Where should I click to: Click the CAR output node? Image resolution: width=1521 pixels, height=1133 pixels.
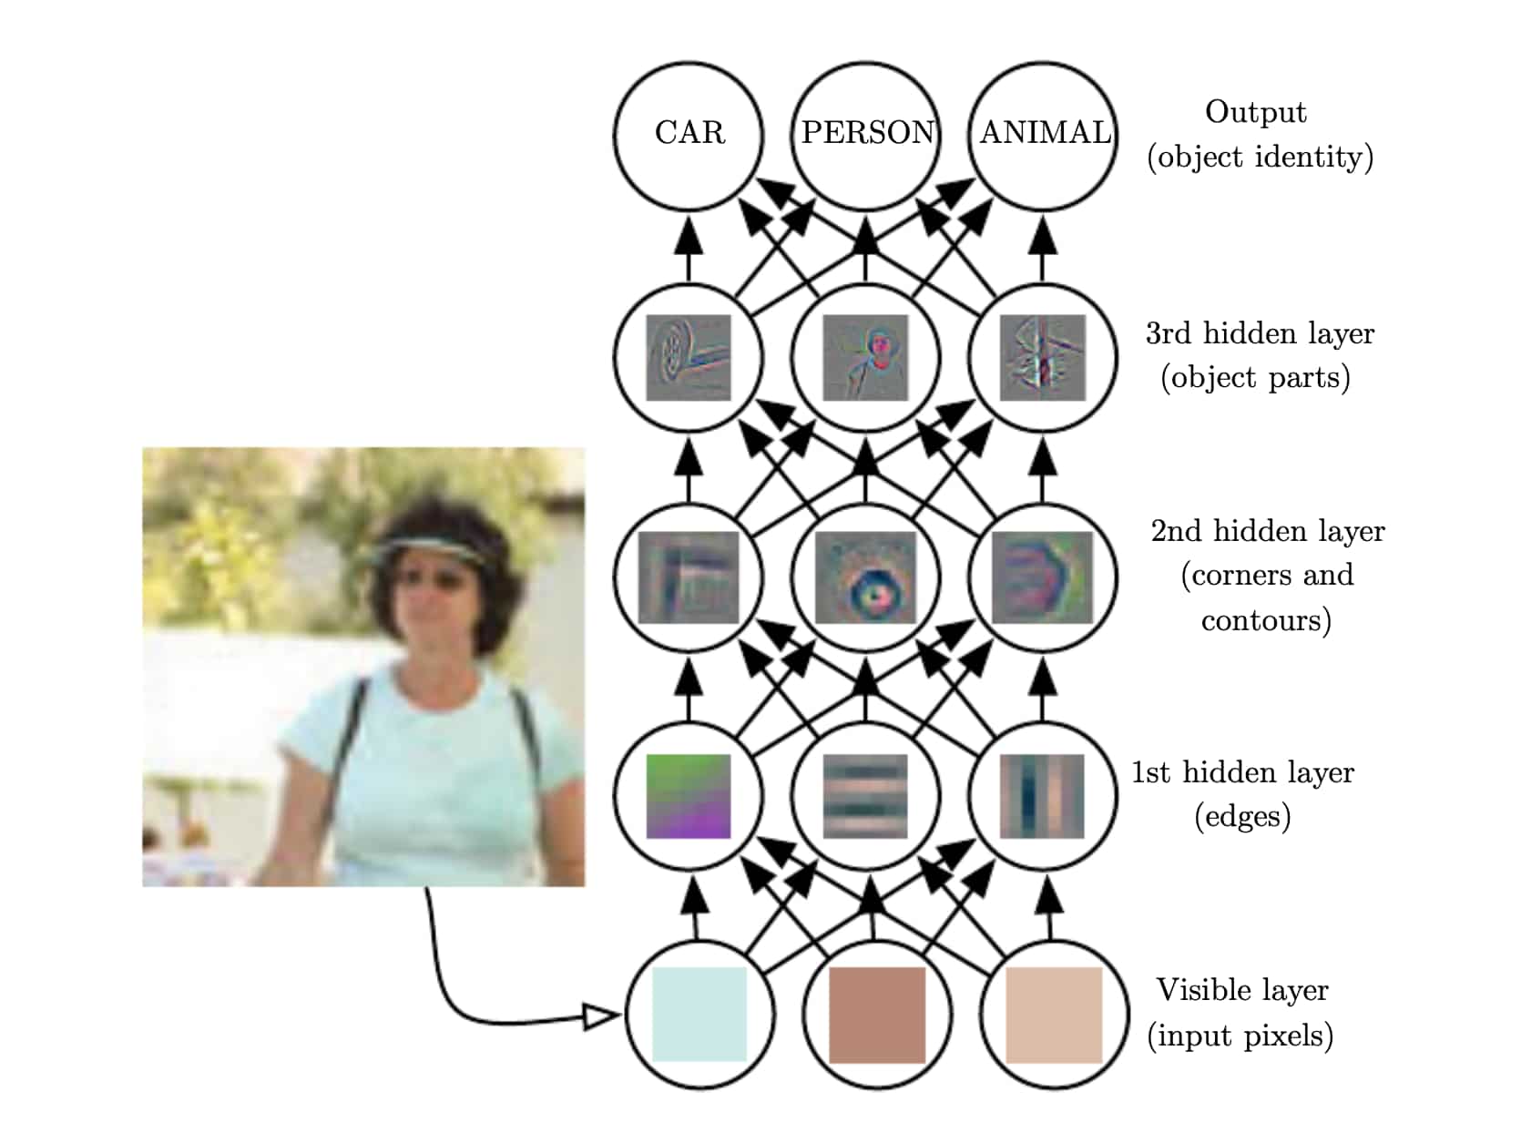tap(689, 134)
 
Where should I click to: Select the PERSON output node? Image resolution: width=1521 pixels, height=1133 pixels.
tap(866, 134)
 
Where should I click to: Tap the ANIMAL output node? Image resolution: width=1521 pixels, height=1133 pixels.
tap(1044, 134)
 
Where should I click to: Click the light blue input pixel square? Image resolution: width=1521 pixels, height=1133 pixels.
tap(699, 1015)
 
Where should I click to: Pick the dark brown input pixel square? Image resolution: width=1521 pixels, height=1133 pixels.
tap(876, 1015)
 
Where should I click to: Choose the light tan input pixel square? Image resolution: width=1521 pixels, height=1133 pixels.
tap(1053, 1015)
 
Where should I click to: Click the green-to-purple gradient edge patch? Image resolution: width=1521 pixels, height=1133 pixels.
tap(689, 796)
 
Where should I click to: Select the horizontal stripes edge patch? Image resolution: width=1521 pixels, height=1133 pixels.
tap(865, 796)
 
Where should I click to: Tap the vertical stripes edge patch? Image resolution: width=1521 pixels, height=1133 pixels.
tap(1042, 796)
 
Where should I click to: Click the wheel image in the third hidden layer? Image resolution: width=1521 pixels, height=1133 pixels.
tap(689, 357)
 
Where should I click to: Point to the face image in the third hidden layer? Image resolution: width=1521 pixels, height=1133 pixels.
tap(865, 357)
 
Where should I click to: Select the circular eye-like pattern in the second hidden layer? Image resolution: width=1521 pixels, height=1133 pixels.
tap(865, 577)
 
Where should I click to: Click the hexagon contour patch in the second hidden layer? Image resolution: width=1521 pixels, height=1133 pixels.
tap(1042, 577)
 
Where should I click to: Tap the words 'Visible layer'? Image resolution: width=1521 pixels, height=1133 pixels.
tap(1242, 990)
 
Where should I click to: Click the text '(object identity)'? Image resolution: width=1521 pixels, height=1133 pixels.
tap(1261, 157)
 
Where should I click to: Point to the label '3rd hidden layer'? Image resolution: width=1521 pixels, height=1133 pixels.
tap(1260, 333)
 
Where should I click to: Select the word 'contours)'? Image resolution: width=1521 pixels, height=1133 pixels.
tap(1266, 621)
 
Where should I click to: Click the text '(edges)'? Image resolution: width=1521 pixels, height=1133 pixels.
tap(1242, 816)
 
